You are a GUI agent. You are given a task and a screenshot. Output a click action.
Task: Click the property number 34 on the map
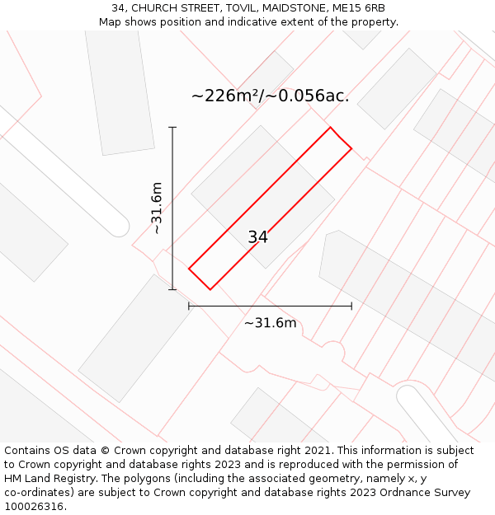coord(257,237)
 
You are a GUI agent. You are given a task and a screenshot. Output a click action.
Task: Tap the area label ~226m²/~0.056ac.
coord(270,96)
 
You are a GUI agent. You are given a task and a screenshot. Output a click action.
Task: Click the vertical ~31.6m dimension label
coord(157,208)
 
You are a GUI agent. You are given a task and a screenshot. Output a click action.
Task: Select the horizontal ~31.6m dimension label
coord(270,323)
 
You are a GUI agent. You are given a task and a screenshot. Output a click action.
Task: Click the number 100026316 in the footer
coord(33,507)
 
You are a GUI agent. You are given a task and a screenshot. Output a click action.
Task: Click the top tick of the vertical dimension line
coord(172,128)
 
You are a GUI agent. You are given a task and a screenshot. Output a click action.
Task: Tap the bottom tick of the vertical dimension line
coord(172,289)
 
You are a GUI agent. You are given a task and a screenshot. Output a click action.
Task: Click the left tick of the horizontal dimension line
coord(189,306)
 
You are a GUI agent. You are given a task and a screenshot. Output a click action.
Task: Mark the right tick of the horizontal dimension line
coord(351,306)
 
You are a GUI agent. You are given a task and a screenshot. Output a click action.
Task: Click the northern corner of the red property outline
coord(331,127)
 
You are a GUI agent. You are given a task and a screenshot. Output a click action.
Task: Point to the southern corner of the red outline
coord(210,289)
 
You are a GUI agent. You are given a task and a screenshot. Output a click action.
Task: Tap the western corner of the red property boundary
coord(189,269)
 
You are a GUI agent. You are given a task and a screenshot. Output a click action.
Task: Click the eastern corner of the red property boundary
coord(352,148)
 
